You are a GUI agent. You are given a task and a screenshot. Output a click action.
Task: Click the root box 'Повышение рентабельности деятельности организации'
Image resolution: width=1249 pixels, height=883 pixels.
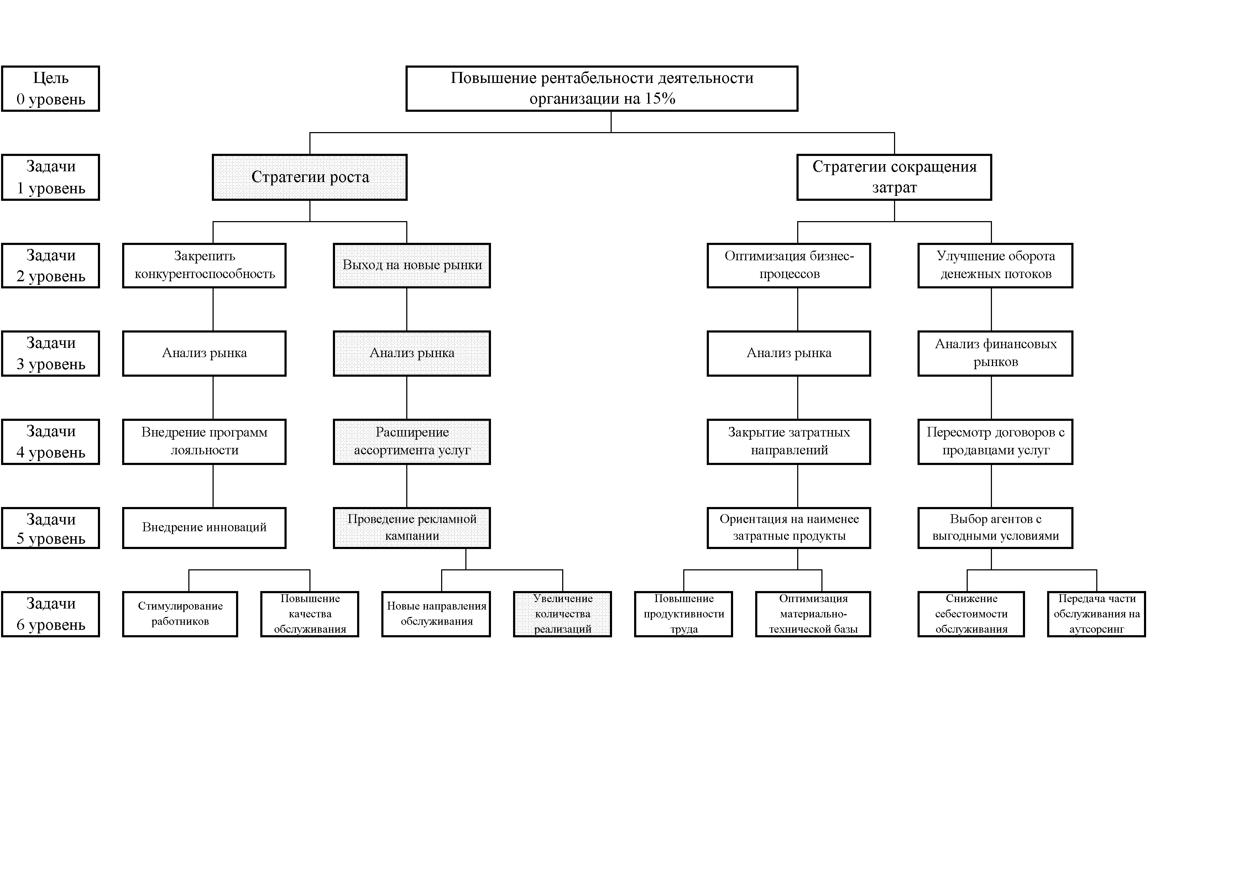click(602, 89)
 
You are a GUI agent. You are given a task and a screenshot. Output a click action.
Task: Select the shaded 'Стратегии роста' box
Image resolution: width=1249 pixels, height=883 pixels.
click(309, 177)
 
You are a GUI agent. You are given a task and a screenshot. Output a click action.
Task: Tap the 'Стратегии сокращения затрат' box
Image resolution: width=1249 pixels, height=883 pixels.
click(894, 177)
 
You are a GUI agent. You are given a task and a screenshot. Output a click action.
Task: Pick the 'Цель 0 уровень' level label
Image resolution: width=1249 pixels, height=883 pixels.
click(51, 89)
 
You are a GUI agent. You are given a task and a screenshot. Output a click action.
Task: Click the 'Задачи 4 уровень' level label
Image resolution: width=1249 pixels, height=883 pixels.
click(51, 442)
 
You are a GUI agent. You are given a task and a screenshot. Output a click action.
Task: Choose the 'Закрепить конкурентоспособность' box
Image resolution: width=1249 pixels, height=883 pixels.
click(204, 266)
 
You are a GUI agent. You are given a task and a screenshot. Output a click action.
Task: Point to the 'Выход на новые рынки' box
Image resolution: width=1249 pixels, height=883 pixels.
click(412, 266)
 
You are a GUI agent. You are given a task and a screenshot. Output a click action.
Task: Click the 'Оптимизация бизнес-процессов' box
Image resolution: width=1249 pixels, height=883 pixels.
click(789, 266)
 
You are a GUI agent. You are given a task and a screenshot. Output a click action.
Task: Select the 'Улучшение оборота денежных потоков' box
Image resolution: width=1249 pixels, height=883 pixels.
click(995, 266)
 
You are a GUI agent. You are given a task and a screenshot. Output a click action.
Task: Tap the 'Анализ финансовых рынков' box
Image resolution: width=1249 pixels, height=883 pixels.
click(995, 354)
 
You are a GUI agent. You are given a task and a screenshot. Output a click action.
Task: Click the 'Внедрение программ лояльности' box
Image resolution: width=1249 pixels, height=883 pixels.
click(204, 442)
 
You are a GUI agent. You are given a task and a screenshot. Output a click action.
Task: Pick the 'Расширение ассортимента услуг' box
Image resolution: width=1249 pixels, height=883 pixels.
click(412, 442)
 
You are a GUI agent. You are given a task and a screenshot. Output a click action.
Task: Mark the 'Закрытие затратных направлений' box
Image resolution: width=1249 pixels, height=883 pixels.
click(789, 442)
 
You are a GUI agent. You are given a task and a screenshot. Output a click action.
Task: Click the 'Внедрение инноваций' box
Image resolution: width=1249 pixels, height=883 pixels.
click(204, 528)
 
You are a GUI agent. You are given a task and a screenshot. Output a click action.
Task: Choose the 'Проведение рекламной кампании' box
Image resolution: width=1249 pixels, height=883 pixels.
click(412, 528)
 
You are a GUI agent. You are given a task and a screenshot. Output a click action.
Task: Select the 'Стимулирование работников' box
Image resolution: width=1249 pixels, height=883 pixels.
click(180, 614)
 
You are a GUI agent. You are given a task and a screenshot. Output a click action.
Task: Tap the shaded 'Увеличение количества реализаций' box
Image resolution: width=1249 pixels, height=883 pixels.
click(563, 614)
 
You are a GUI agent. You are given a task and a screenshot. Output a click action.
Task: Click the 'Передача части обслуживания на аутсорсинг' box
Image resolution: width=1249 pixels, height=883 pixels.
click(1097, 614)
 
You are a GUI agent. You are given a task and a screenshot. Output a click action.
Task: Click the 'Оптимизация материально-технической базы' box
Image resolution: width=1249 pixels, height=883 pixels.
click(813, 614)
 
